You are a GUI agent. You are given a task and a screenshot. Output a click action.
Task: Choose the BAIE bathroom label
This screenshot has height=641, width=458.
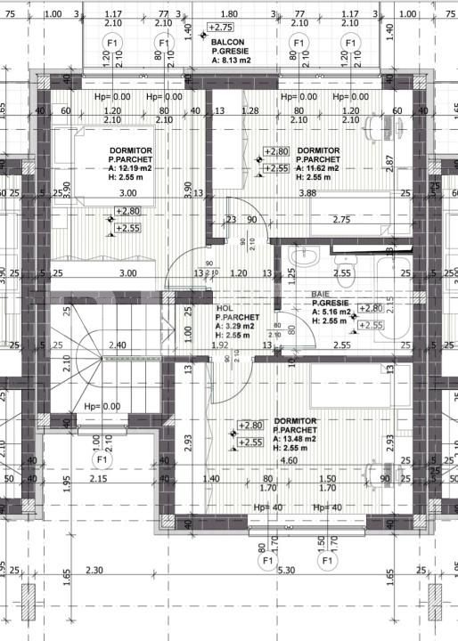pyautogui.click(x=321, y=293)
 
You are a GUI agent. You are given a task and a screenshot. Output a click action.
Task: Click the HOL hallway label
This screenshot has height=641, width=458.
pyautogui.click(x=225, y=306)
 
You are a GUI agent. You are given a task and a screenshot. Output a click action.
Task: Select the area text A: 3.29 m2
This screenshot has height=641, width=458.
pyautogui.click(x=236, y=326)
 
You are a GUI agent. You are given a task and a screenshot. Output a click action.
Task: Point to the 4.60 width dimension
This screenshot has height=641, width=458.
pyautogui.click(x=290, y=460)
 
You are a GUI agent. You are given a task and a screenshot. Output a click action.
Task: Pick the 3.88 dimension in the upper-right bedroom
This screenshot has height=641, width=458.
pyautogui.click(x=308, y=193)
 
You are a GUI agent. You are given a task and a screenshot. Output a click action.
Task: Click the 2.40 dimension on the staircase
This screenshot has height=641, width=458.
pyautogui.click(x=116, y=345)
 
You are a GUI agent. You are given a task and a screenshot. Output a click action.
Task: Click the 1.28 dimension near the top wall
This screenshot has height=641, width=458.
pyautogui.click(x=249, y=111)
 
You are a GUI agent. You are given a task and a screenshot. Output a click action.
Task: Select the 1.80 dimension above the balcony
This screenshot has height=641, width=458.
pyautogui.click(x=229, y=13)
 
